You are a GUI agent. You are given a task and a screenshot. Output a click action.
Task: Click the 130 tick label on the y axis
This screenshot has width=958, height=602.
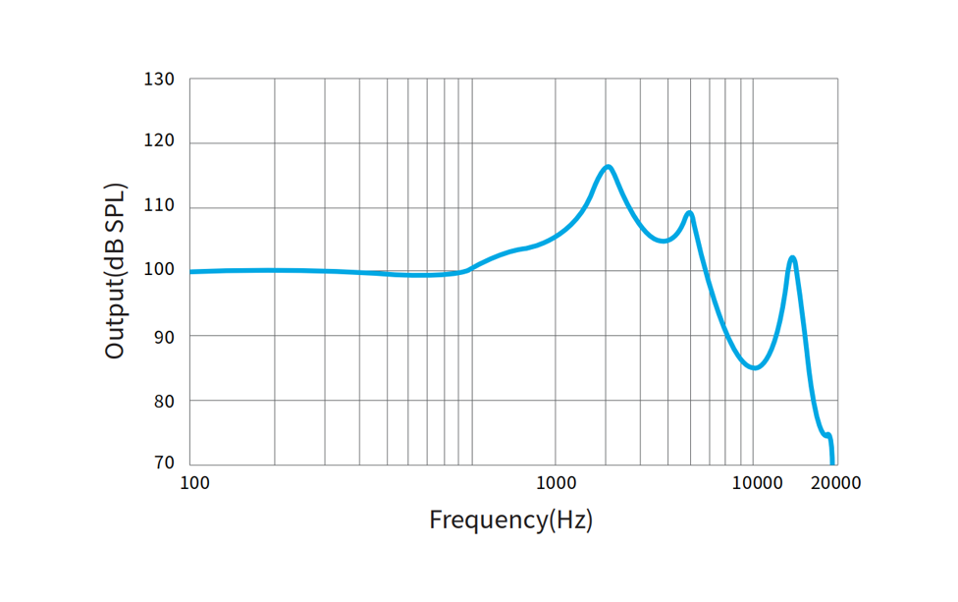[160, 79]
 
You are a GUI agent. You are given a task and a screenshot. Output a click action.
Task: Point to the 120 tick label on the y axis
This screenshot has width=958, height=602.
[160, 142]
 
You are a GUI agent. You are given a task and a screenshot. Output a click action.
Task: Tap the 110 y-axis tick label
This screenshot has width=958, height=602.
[160, 207]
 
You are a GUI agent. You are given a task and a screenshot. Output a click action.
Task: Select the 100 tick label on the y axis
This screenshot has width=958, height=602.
[160, 271]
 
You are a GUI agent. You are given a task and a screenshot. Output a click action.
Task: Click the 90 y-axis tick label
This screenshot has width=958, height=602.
[164, 336]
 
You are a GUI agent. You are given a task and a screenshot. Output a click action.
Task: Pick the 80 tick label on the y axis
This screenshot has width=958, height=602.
[164, 401]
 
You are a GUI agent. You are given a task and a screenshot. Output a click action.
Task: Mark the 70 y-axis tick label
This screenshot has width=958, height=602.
[164, 464]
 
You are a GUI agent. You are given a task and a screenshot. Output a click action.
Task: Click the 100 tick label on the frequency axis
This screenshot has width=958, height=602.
[194, 483]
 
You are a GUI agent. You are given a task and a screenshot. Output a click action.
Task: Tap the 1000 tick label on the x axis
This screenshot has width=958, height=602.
[556, 483]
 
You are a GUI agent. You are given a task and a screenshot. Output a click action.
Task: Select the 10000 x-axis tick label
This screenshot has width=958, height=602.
[756, 483]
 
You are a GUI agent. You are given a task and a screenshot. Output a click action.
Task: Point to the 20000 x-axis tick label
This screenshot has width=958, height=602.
[836, 483]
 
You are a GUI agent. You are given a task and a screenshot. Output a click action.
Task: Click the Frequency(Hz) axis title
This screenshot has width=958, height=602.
[510, 520]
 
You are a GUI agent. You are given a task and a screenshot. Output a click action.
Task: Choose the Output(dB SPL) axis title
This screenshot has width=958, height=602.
[115, 271]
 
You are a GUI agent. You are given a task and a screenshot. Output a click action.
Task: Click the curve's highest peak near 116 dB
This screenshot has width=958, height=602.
[609, 167]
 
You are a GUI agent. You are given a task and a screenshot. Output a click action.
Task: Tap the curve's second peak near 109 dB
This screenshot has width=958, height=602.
[690, 213]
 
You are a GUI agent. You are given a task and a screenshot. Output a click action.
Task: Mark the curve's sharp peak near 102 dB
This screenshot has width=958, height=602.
[792, 258]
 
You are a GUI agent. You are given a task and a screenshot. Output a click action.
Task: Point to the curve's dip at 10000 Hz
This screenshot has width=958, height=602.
[754, 367]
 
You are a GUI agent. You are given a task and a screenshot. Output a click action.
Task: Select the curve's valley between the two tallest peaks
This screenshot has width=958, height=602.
[664, 241]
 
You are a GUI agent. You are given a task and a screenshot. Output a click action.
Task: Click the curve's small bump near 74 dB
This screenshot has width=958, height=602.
[827, 434]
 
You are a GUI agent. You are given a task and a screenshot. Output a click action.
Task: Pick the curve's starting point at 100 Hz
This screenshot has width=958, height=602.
[191, 271]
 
